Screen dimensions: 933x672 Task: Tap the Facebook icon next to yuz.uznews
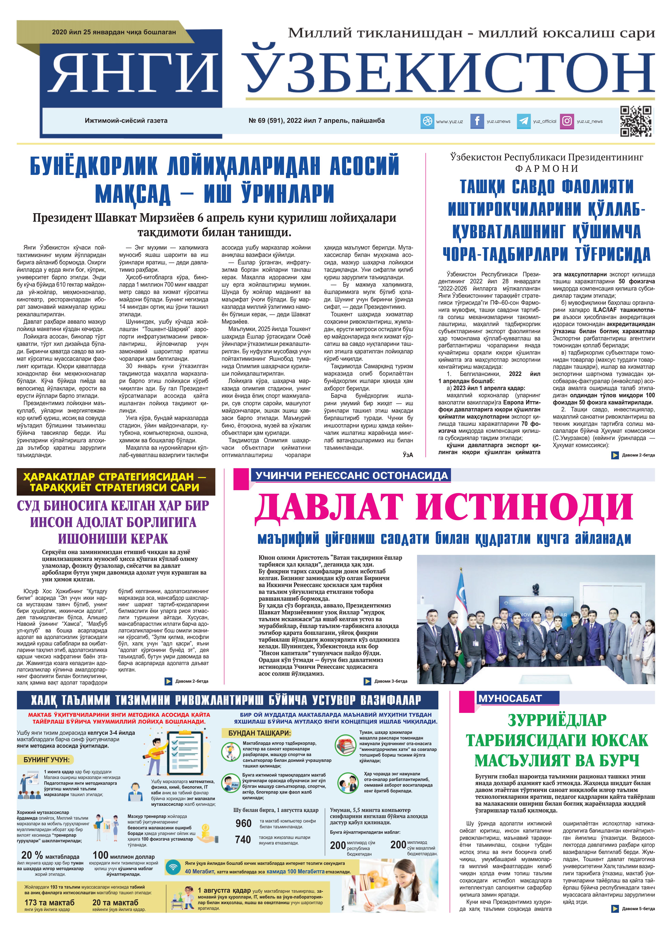pyautogui.click(x=477, y=121)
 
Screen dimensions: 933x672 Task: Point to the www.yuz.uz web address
pyautogui.click(x=449, y=121)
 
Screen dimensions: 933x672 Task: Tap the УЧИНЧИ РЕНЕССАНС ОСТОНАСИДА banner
pyautogui.click(x=351, y=476)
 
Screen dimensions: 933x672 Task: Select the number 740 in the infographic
pyautogui.click(x=243, y=840)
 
